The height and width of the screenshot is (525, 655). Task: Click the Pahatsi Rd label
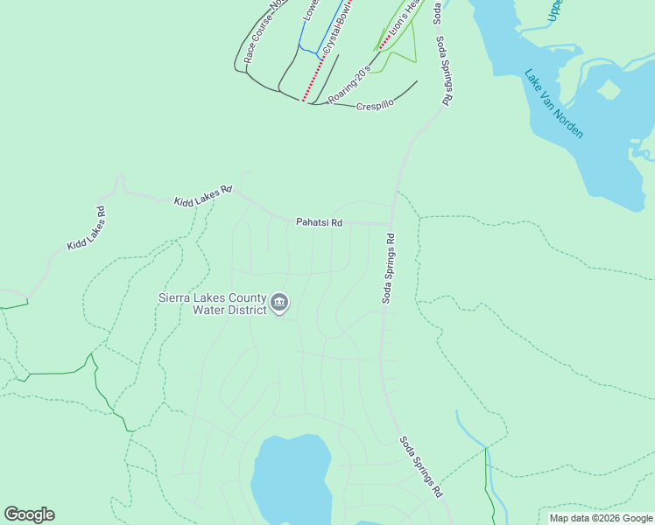pyautogui.click(x=319, y=223)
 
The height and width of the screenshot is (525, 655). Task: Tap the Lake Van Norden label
pyautogui.click(x=553, y=103)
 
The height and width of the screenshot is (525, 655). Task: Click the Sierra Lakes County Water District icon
pyautogui.click(x=279, y=304)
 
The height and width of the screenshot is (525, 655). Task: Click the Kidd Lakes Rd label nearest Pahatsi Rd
pyautogui.click(x=202, y=195)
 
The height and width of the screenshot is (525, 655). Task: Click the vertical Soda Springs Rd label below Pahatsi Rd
pyautogui.click(x=388, y=268)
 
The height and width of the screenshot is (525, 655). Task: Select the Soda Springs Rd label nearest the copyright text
pyautogui.click(x=421, y=468)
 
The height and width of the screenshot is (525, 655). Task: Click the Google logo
pyautogui.click(x=29, y=514)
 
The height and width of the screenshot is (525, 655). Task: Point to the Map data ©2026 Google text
pyautogui.click(x=601, y=518)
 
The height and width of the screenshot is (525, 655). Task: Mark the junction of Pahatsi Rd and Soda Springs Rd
pyautogui.click(x=391, y=223)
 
